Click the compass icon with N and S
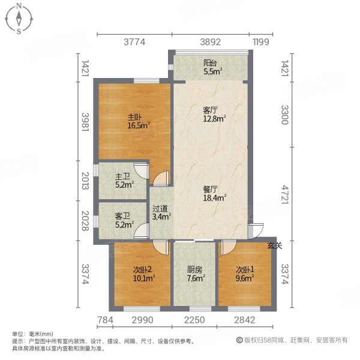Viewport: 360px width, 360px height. pos(20,18)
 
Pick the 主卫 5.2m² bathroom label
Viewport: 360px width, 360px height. pos(123,181)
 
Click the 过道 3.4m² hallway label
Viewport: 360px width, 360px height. pos(161,213)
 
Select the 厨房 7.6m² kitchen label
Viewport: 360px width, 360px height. pos(196,274)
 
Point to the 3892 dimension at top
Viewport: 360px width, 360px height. pos(210,42)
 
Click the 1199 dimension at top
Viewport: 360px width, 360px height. pos(260,42)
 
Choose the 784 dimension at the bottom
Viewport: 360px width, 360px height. pos(104,319)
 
